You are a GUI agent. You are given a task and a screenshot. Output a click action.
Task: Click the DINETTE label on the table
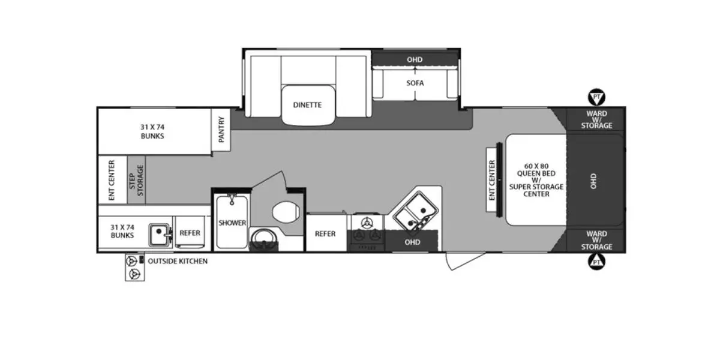click(307, 105)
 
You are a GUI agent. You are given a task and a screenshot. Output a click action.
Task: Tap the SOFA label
click(415, 83)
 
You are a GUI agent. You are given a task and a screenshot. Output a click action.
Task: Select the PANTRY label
click(221, 129)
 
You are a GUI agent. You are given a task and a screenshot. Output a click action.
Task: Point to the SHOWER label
click(232, 223)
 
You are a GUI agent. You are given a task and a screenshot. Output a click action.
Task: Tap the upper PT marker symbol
click(596, 97)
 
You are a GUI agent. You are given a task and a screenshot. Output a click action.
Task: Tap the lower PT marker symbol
click(596, 262)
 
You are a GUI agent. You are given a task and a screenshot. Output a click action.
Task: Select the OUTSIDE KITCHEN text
click(178, 261)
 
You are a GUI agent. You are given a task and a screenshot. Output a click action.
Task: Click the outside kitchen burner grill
click(133, 268)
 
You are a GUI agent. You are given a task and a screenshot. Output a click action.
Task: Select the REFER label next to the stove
click(325, 233)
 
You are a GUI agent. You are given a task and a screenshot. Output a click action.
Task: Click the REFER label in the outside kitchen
click(190, 233)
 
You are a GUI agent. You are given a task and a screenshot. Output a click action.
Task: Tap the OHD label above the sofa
click(414, 59)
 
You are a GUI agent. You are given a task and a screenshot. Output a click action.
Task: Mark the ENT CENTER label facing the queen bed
click(492, 180)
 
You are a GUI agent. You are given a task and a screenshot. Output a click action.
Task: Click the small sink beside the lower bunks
click(160, 233)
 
